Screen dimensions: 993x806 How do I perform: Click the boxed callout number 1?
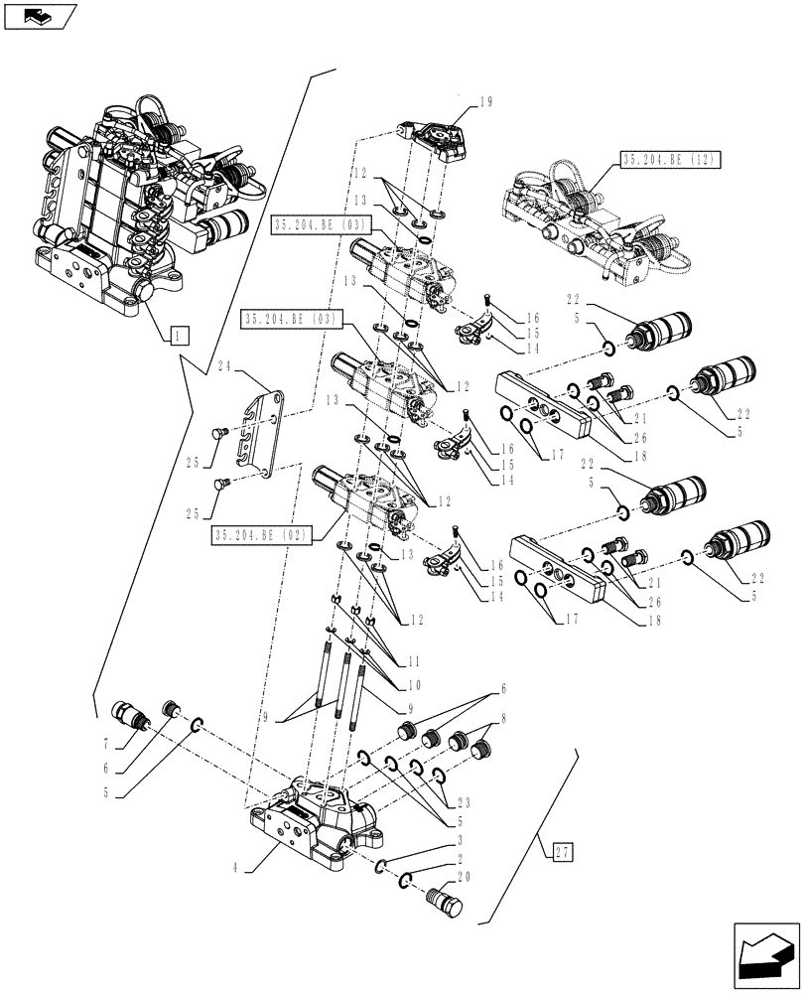[x=175, y=334]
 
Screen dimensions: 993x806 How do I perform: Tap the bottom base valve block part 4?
[x=311, y=818]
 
